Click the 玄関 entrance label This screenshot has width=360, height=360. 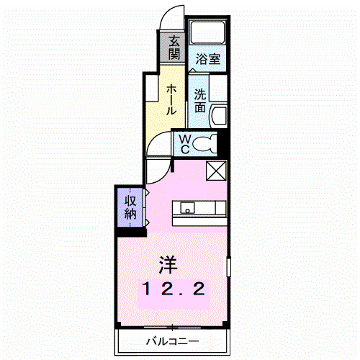pos(175,48)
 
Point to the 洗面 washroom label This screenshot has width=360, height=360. pos(201,100)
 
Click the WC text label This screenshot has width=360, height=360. pos(184,143)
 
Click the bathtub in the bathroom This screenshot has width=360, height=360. pos(207,34)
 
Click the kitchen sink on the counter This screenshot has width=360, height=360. pos(187,210)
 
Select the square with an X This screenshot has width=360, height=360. pos(216,171)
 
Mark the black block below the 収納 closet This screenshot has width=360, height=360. pos(130,230)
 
